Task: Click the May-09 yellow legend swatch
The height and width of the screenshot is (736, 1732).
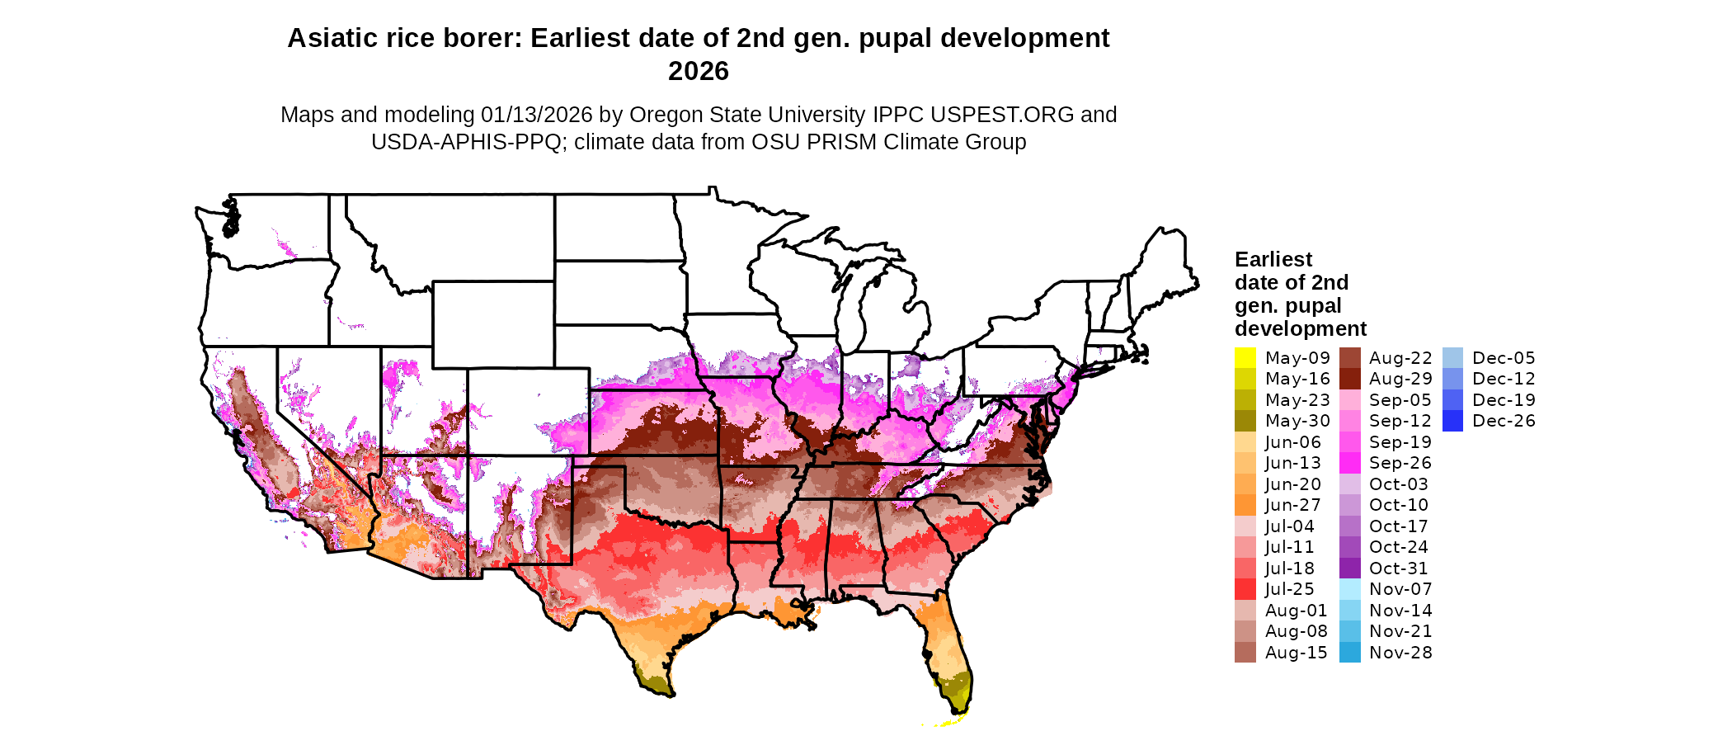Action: coord(1245,358)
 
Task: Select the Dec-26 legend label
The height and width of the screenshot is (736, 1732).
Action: coord(1504,421)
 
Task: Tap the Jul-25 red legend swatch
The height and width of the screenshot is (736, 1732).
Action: coord(1245,589)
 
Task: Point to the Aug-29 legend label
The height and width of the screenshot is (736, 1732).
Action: coord(1400,379)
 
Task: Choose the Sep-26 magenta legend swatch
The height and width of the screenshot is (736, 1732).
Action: coord(1349,463)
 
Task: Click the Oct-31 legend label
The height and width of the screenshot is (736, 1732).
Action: coord(1398,569)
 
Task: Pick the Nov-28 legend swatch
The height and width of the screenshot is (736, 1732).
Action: coord(1349,653)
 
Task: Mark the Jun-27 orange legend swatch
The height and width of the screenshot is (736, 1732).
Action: coord(1245,505)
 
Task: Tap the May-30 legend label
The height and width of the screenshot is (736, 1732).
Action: coord(1297,421)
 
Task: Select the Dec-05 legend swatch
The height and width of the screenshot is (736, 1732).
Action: coord(1452,358)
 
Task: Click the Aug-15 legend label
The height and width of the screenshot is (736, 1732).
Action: coord(1296,653)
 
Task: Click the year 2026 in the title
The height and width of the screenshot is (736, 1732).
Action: coord(698,72)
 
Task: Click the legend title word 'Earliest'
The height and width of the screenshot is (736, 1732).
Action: coord(1273,260)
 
